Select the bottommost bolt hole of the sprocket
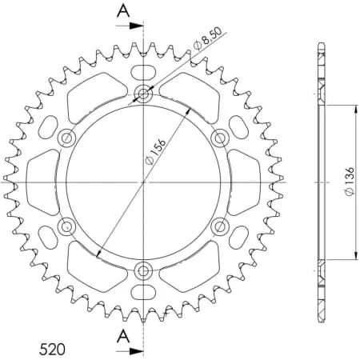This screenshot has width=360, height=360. (144, 269)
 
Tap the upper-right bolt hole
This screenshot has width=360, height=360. (219, 138)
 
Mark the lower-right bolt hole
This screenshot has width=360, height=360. (219, 226)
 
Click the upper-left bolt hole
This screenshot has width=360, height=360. (68, 138)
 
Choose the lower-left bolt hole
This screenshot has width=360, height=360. (68, 226)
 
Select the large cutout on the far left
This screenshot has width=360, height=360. (42, 182)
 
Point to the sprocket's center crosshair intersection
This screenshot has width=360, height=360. (144, 182)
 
